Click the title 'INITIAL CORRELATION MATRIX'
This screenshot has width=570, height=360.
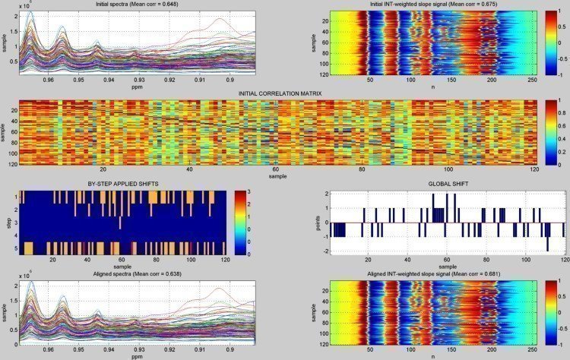(x=280, y=93)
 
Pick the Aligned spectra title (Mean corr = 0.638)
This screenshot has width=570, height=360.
(x=127, y=272)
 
